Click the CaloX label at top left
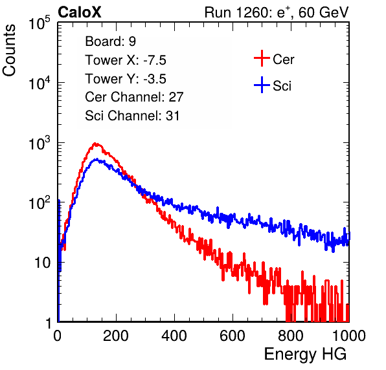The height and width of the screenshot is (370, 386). click(x=80, y=12)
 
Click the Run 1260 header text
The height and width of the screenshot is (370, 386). click(x=277, y=12)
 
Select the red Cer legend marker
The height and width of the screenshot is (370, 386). click(x=262, y=58)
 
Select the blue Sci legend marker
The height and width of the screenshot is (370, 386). click(x=262, y=85)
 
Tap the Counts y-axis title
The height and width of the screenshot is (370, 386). click(x=9, y=50)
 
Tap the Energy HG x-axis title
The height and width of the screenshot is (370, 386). click(x=305, y=354)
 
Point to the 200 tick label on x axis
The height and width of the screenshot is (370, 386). click(x=116, y=336)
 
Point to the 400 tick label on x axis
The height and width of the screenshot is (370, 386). click(x=174, y=336)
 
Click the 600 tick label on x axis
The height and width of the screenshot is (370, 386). click(x=233, y=336)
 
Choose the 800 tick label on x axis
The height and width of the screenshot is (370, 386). click(x=291, y=336)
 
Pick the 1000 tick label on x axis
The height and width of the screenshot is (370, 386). click(x=349, y=336)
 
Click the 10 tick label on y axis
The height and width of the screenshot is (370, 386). click(x=42, y=263)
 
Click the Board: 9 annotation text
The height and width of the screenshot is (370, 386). click(x=111, y=41)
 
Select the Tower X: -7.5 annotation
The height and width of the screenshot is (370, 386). click(x=126, y=60)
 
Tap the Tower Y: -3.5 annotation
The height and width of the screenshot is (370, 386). click(x=126, y=79)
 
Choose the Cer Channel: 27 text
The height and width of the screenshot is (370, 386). click(x=134, y=97)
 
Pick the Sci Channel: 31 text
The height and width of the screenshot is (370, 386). click(x=132, y=116)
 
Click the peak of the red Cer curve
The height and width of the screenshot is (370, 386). click(x=95, y=144)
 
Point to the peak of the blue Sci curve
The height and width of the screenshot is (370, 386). click(x=96, y=160)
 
